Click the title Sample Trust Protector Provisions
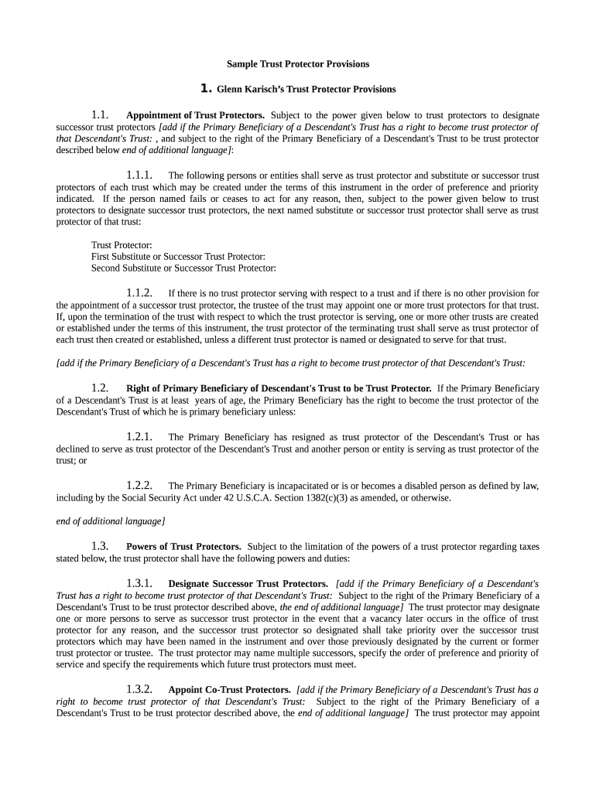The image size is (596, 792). tap(298, 64)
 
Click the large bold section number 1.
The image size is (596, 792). tap(205, 89)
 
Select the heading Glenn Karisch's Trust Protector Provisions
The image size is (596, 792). tap(306, 90)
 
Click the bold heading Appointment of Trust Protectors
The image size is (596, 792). tap(195, 116)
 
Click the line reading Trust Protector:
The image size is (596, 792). tap(122, 245)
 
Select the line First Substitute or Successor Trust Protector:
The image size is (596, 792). tap(178, 257)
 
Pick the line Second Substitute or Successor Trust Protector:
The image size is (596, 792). tap(183, 268)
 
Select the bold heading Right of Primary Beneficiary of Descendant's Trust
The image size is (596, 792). tap(279, 388)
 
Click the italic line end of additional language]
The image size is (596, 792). tap(111, 521)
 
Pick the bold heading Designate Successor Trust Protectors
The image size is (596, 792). tap(248, 584)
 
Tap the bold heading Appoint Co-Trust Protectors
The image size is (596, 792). tap(229, 689)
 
